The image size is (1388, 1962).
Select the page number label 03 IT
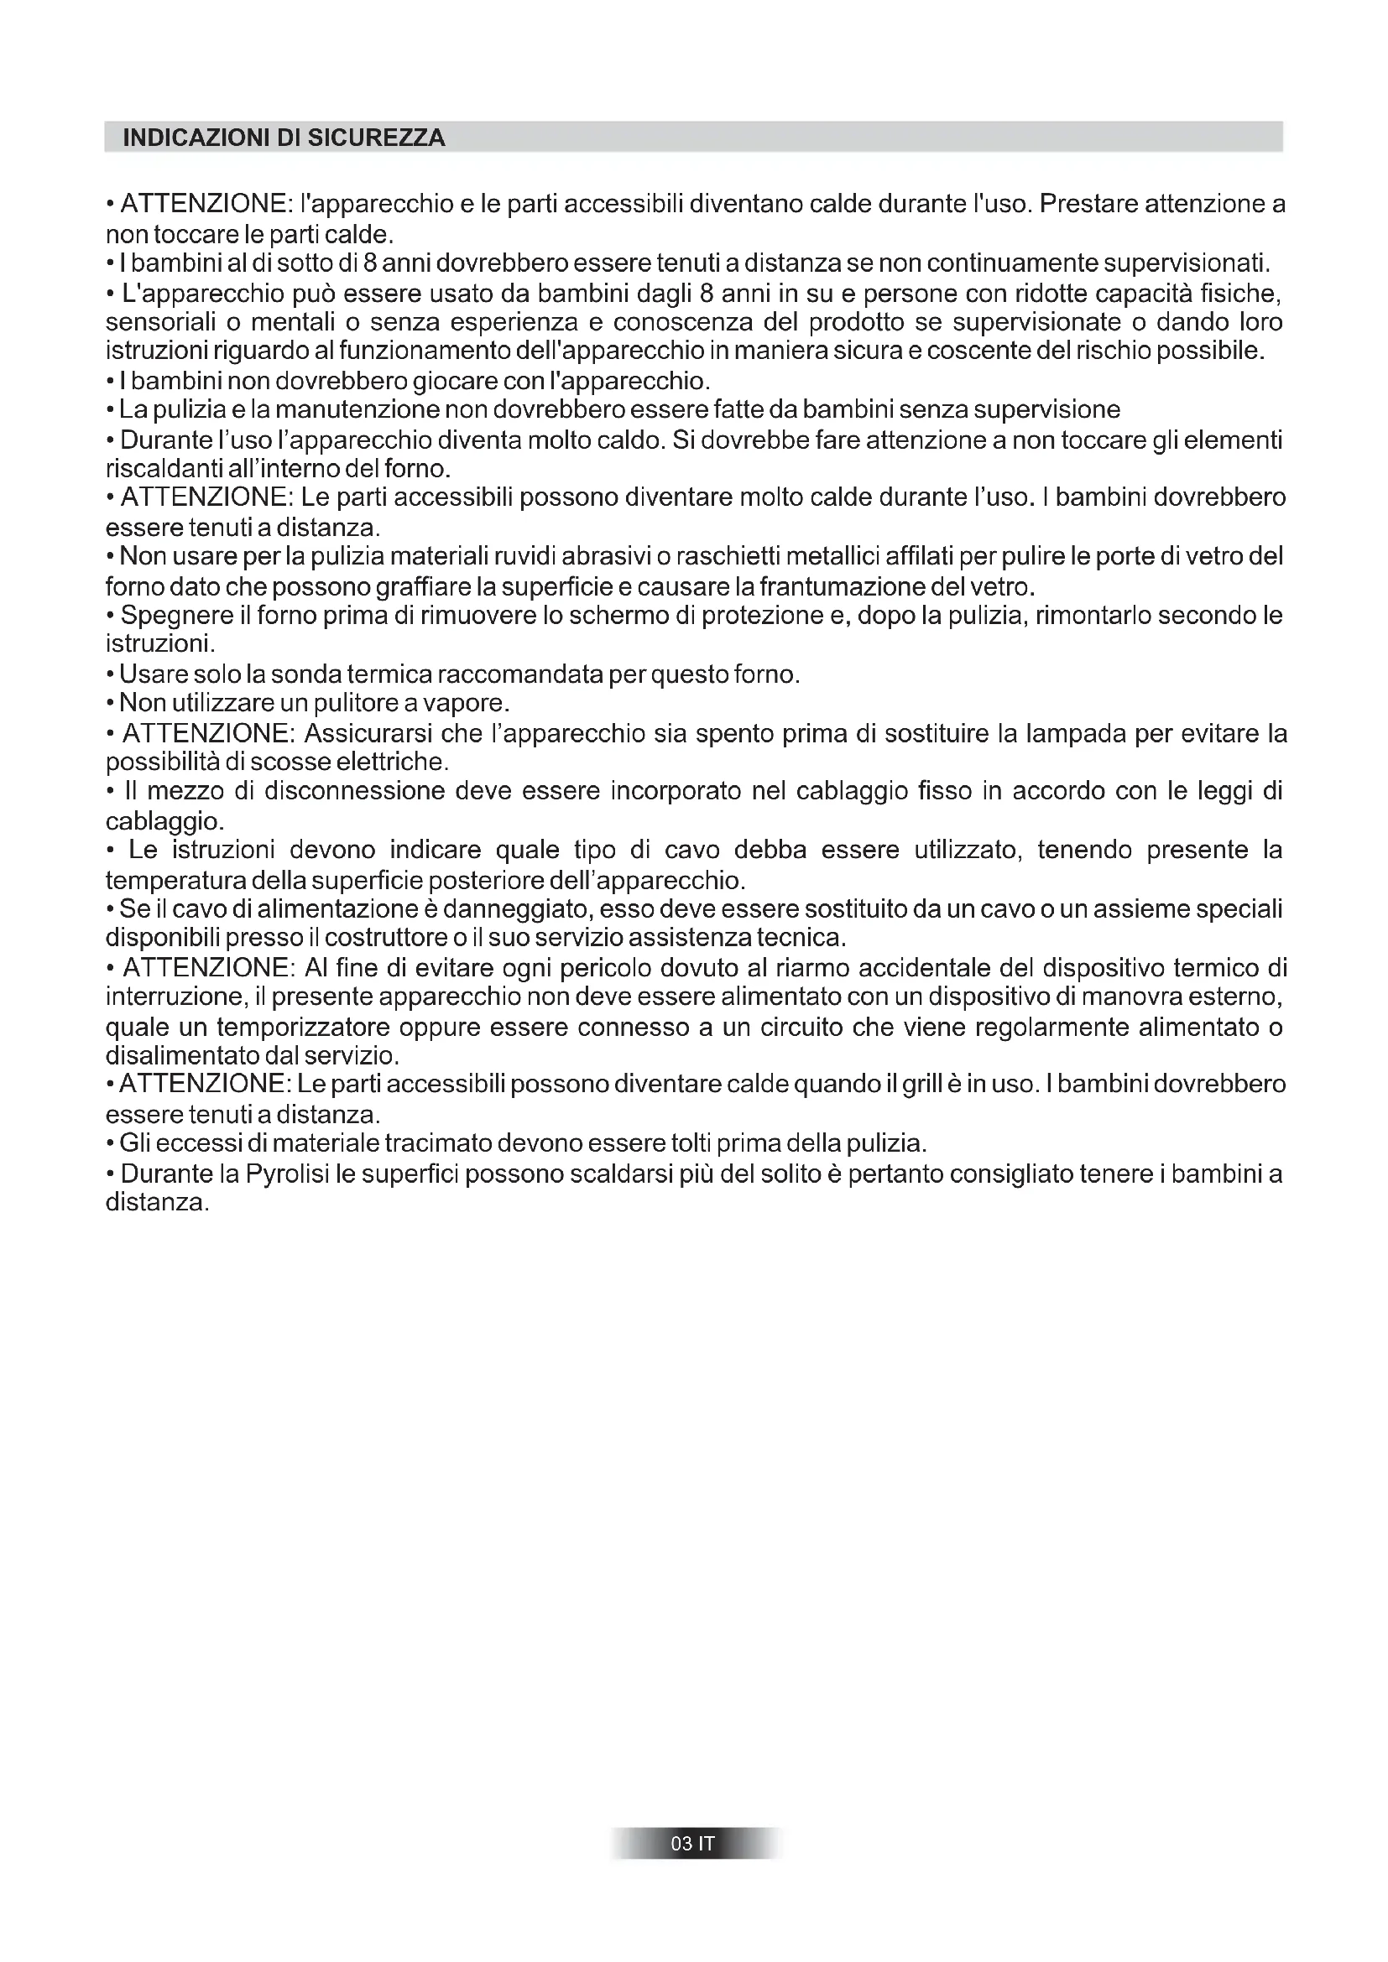[693, 1844]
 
